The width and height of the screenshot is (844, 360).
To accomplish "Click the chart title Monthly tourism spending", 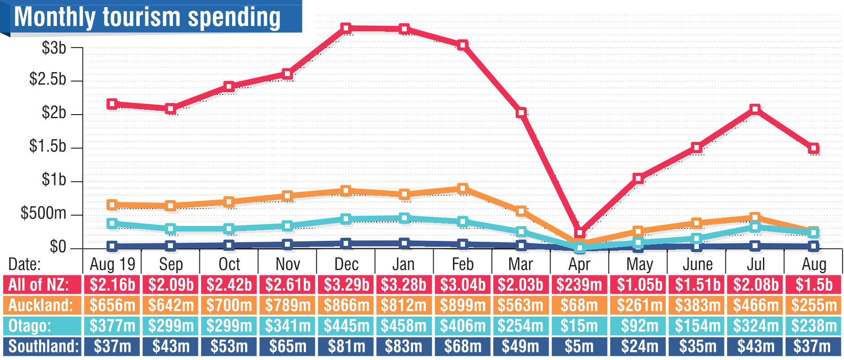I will click(x=148, y=17).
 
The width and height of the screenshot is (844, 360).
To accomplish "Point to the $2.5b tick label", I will click(x=47, y=79).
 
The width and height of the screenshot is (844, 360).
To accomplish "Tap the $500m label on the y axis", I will click(x=43, y=213).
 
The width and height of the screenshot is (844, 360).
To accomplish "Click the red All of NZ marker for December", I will click(x=345, y=28).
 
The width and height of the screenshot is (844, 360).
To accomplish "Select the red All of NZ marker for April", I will click(x=580, y=233).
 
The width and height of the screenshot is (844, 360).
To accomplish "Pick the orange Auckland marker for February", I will click(x=463, y=188).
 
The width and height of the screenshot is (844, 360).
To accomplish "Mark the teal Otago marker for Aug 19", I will click(x=112, y=223).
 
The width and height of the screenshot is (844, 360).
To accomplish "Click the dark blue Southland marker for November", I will click(x=288, y=244).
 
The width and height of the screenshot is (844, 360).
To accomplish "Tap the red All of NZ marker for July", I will click(x=755, y=109).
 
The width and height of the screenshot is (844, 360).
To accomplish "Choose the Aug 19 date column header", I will click(x=112, y=264).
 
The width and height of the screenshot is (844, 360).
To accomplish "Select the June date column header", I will click(x=698, y=264).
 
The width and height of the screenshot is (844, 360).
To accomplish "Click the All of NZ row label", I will click(x=39, y=285).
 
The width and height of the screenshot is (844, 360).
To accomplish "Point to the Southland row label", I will click(x=43, y=346).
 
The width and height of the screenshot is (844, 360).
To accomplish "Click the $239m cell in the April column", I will click(x=579, y=285).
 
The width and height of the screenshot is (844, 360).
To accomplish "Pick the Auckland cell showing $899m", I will click(x=463, y=305).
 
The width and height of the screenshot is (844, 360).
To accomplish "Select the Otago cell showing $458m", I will click(x=404, y=326).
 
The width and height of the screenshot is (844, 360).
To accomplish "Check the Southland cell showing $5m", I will click(x=579, y=346).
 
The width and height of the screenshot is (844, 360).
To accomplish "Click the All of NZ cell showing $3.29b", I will click(x=346, y=285).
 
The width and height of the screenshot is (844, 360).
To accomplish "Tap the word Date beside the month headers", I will click(x=24, y=264).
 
